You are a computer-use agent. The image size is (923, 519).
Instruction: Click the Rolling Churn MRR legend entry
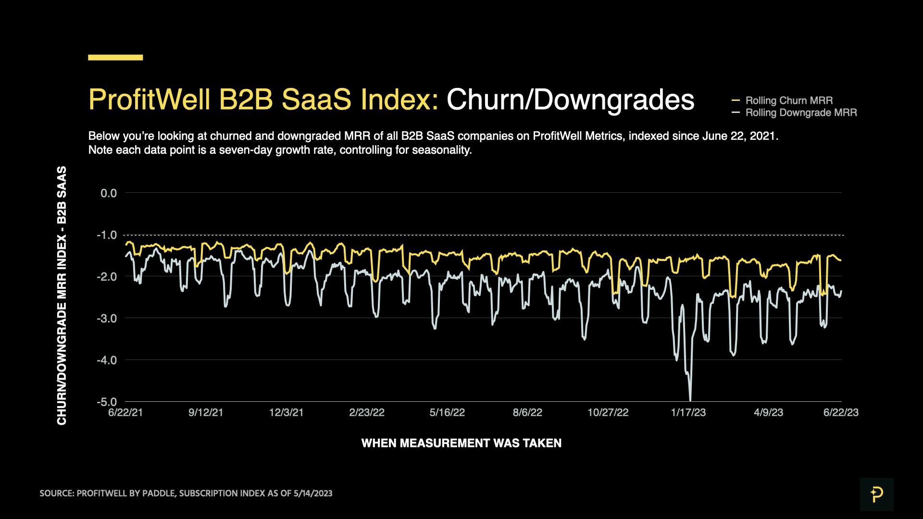click(788, 100)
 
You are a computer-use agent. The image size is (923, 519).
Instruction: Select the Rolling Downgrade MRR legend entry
click(800, 113)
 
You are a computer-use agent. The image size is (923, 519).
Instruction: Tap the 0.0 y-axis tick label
click(108, 193)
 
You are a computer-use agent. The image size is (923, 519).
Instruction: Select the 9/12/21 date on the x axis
click(206, 413)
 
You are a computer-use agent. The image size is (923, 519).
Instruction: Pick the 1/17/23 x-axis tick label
click(688, 413)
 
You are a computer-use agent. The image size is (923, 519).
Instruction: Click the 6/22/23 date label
click(841, 413)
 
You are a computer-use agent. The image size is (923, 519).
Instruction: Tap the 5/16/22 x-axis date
click(447, 413)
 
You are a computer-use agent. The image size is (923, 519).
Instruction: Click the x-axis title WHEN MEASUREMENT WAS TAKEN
click(461, 443)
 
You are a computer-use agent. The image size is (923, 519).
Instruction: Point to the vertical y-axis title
click(62, 296)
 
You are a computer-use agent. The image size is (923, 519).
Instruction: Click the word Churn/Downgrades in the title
click(570, 100)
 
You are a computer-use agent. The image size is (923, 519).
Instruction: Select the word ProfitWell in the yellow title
click(149, 100)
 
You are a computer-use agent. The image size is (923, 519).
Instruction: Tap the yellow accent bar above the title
click(115, 58)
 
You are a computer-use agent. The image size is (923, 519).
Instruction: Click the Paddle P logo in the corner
click(876, 494)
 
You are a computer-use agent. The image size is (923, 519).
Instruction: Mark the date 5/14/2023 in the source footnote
click(312, 494)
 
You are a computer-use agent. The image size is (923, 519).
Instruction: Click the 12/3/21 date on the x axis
click(286, 413)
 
